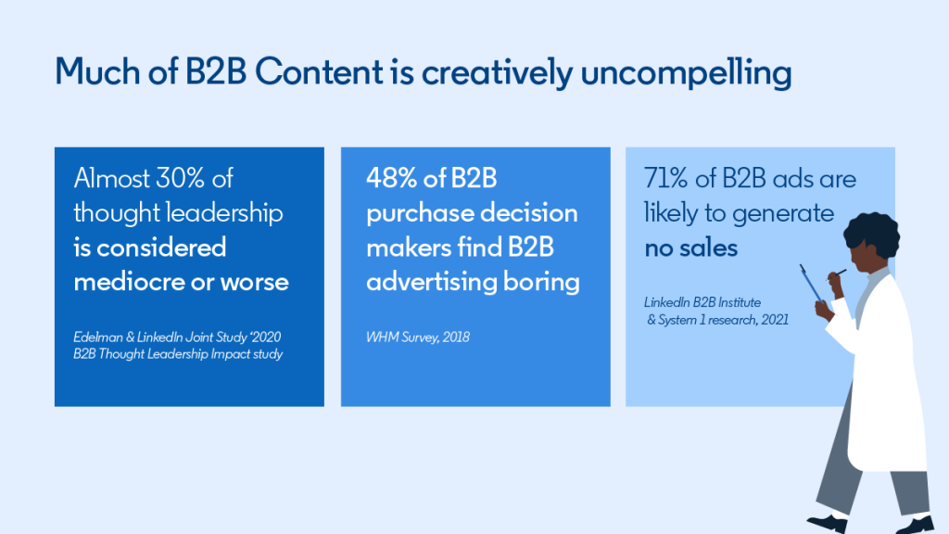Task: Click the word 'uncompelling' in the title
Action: pos(686,73)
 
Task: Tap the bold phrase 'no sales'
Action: pos(690,248)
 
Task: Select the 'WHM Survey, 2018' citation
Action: pos(418,337)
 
